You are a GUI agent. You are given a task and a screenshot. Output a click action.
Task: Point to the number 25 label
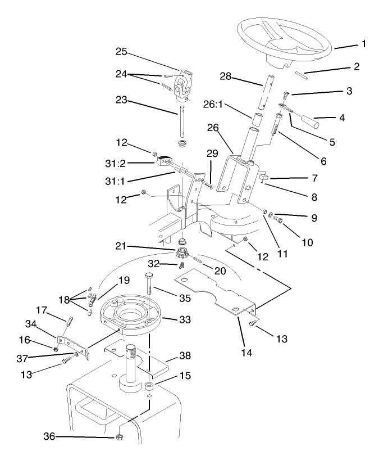click(x=122, y=52)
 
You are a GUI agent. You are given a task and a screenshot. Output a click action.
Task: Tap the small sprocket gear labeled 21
click(x=183, y=254)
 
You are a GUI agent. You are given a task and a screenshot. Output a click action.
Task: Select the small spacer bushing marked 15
click(x=150, y=387)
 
